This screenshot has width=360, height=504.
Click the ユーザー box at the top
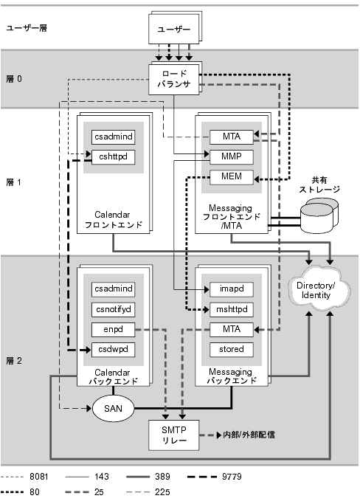coord(174,29)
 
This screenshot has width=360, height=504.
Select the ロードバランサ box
coord(174,80)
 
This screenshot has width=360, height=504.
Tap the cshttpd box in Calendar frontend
coord(113,157)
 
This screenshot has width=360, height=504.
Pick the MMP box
coord(232,156)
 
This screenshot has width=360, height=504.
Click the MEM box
coord(232,177)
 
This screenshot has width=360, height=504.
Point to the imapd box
coord(232,289)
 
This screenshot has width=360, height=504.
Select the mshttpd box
coord(232,309)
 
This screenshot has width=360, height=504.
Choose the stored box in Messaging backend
coord(232,349)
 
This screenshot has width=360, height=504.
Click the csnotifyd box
coord(113,309)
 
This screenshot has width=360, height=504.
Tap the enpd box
coord(113,329)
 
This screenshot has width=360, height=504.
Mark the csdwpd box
coord(113,349)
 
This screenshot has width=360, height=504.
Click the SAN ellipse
coord(113,409)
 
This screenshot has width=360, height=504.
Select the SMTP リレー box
coord(174,435)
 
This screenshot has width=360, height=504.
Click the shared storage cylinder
coord(319,215)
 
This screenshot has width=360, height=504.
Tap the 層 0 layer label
coord(14,79)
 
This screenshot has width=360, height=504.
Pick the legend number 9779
coord(232,477)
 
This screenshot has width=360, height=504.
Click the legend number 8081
coord(39,477)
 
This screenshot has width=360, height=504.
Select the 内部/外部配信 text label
coord(249,435)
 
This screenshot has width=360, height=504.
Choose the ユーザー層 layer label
coord(27,28)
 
